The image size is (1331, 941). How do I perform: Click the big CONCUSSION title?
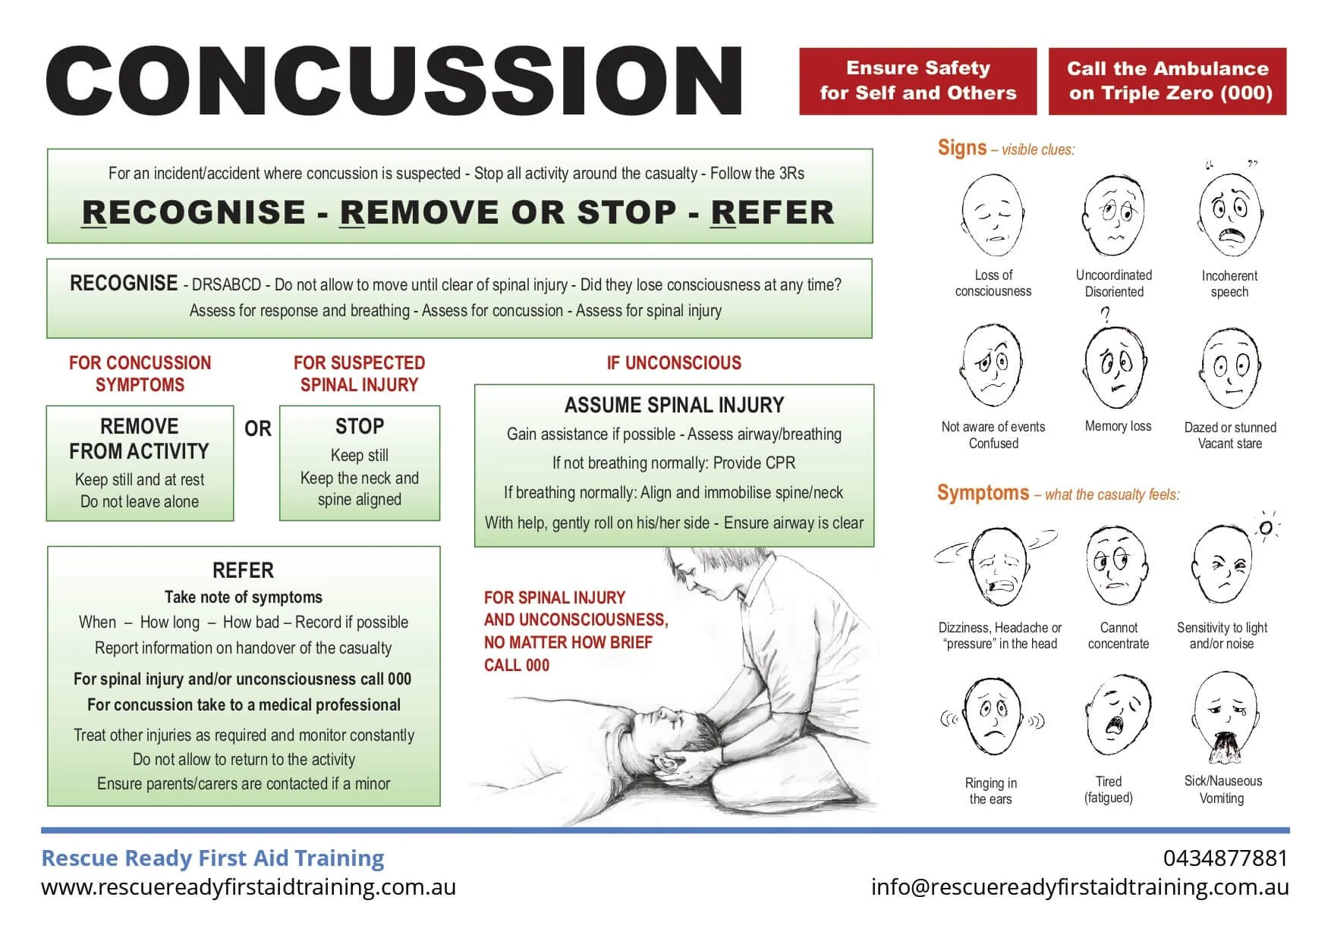tap(395, 81)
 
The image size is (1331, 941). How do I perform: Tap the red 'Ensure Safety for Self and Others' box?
tap(917, 81)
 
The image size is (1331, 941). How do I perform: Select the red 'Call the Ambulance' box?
tap(1167, 81)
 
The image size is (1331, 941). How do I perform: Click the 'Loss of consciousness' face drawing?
tap(993, 216)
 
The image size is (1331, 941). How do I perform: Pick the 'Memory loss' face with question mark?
tap(1114, 368)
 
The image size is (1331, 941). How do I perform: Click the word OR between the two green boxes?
tap(257, 429)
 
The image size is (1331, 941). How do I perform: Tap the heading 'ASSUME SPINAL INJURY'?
tap(674, 406)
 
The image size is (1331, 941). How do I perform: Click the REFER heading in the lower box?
tap(243, 570)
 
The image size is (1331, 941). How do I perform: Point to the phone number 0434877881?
tap(1225, 858)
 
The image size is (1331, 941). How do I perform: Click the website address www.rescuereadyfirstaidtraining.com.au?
tap(248, 887)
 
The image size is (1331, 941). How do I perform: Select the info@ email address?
tap(1079, 887)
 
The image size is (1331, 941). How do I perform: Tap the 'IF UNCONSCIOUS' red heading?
tap(674, 363)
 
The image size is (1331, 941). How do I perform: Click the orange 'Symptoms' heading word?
tap(983, 493)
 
